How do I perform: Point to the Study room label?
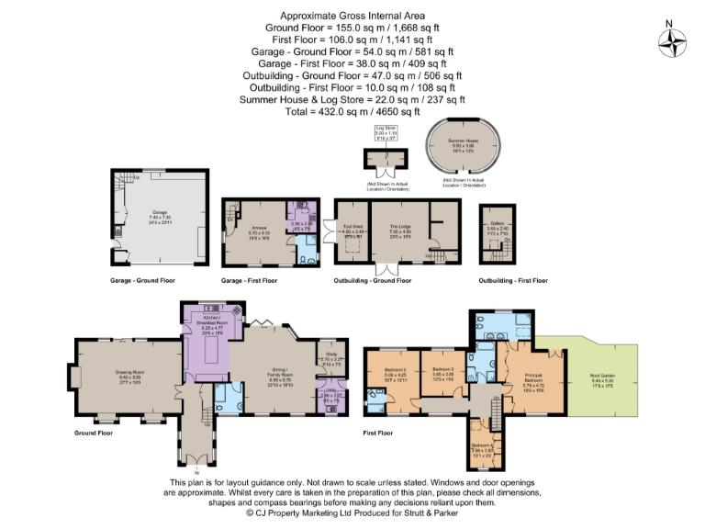(330, 359)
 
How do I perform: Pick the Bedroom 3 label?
(444, 373)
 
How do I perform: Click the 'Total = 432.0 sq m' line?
(352, 110)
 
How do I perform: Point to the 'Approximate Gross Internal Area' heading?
(352, 16)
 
